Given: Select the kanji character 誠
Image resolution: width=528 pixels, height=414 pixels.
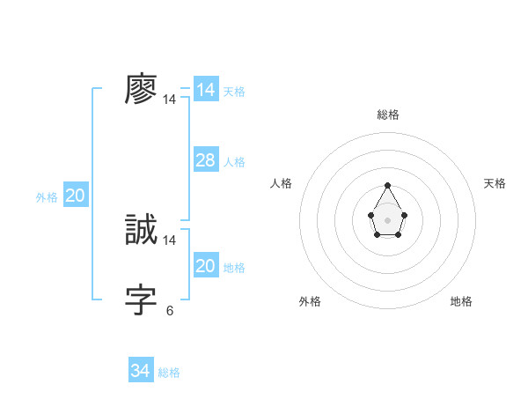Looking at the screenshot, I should (x=141, y=230).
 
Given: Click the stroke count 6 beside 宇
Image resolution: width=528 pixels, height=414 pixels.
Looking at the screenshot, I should (x=170, y=310).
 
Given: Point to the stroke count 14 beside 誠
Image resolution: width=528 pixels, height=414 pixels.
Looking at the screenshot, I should (x=170, y=240).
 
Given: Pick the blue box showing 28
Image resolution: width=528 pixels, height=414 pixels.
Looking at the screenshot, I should (x=205, y=160).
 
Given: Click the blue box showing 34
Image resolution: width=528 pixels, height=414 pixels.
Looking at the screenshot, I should (x=140, y=371).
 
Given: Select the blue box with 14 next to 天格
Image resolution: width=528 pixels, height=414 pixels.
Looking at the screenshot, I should (x=205, y=90).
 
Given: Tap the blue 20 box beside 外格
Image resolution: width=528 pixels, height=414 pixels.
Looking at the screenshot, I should (x=75, y=196).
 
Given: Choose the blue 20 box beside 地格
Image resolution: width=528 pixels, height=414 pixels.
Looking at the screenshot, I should (x=205, y=266).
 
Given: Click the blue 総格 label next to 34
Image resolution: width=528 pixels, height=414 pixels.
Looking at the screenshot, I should (x=169, y=373).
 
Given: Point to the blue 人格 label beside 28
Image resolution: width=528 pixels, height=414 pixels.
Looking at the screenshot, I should (x=234, y=162).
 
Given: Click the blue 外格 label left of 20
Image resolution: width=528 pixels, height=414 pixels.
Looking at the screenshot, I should (x=47, y=197).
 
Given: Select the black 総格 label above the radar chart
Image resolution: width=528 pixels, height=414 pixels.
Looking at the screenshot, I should (x=387, y=115).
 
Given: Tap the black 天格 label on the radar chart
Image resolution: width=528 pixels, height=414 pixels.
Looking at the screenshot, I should (x=495, y=183).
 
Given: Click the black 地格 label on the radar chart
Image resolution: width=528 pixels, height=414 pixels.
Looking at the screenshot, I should (x=461, y=301).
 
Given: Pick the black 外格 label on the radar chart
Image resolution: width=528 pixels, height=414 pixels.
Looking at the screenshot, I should (x=310, y=301).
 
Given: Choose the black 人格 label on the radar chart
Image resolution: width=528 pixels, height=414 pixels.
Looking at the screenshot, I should (x=282, y=183).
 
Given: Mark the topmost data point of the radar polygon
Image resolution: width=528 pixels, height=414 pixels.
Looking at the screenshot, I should (x=387, y=186).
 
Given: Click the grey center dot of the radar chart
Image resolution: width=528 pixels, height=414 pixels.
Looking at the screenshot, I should (x=387, y=219).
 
